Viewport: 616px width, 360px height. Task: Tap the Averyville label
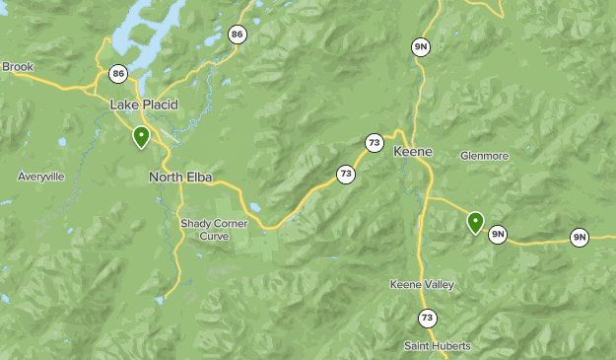click(40, 177)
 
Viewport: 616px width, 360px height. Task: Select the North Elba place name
click(180, 178)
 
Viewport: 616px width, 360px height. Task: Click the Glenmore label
click(484, 156)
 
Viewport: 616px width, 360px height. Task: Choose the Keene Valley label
click(422, 284)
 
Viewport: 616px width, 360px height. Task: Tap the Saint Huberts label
click(437, 346)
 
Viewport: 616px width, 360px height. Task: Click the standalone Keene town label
click(412, 152)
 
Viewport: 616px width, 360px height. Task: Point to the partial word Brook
click(17, 67)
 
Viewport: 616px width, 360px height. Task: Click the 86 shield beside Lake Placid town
click(119, 74)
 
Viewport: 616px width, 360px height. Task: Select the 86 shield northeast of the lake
click(237, 36)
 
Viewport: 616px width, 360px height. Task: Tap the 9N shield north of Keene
click(421, 46)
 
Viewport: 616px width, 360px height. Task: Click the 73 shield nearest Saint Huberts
click(426, 318)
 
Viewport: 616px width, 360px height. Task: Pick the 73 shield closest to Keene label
click(374, 143)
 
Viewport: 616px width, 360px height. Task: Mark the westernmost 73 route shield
click(345, 175)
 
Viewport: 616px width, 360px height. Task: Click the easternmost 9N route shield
click(580, 237)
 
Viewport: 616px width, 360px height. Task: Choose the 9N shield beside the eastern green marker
click(499, 234)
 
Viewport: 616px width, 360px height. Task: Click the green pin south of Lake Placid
click(142, 136)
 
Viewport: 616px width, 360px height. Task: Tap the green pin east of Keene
click(475, 222)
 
